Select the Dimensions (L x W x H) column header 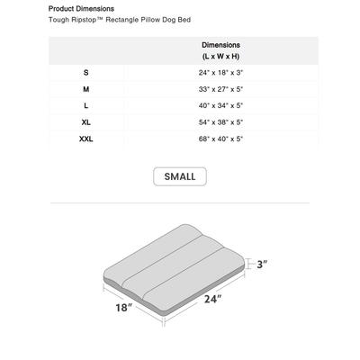(x=220, y=49)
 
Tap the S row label (x=86, y=71)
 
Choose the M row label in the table (x=86, y=88)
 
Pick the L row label (x=86, y=105)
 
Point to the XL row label (x=86, y=122)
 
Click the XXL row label (x=86, y=139)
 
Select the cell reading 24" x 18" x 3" (x=220, y=71)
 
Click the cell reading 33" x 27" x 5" (x=220, y=88)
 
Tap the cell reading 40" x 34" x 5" (x=220, y=105)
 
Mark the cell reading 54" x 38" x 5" (x=220, y=122)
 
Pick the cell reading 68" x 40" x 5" (x=220, y=139)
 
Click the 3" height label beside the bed (x=263, y=265)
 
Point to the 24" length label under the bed (x=212, y=299)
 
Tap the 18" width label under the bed (x=123, y=309)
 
